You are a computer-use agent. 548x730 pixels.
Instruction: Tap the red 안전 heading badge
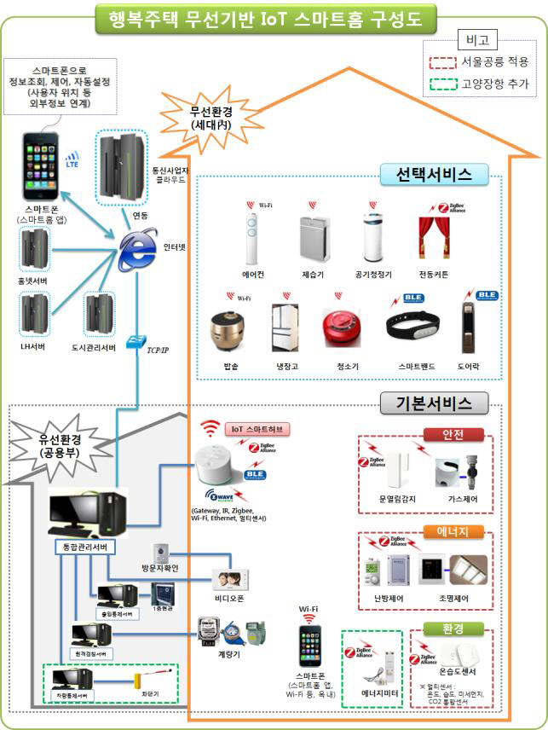point(453,434)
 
